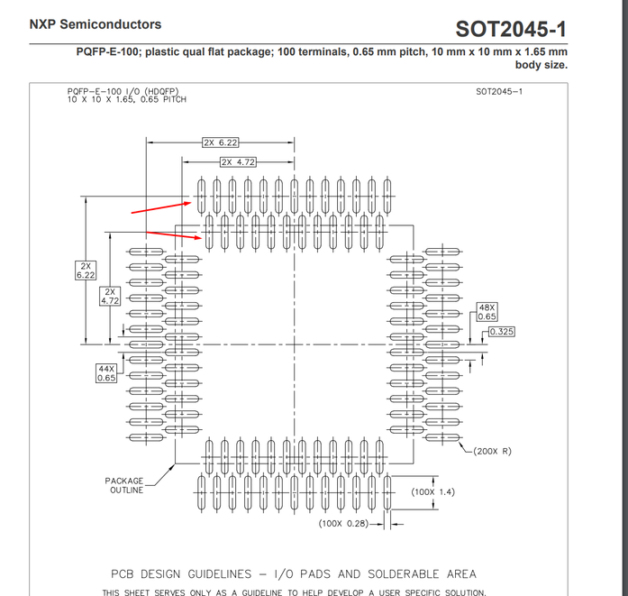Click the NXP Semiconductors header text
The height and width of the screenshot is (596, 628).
96,24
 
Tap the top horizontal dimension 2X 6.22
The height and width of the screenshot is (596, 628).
220,142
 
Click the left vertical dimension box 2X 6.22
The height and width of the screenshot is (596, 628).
86,270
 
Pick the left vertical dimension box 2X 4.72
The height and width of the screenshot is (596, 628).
110,296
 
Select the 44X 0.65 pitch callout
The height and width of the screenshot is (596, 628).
106,373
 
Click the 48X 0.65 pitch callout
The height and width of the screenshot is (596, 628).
487,312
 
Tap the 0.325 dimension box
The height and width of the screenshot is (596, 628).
501,332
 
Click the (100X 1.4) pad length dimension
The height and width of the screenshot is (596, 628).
433,492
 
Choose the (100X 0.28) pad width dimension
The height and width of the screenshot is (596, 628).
343,524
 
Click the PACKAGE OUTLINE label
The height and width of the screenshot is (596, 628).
124,485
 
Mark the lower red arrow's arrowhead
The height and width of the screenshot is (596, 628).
198,238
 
